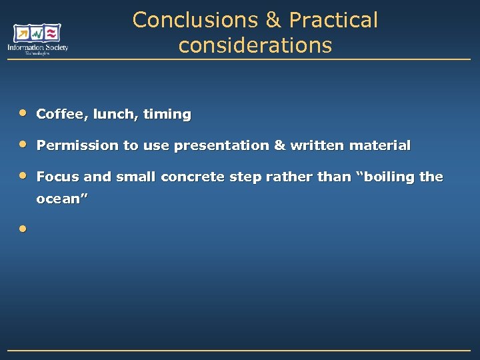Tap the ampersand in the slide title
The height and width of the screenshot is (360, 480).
(273, 20)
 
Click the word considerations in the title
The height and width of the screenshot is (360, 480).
(255, 45)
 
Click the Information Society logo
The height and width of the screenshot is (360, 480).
(38, 39)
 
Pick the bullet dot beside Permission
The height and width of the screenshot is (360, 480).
(23, 143)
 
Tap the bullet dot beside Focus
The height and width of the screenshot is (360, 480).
(23, 175)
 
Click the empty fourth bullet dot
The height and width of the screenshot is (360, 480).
(23, 229)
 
